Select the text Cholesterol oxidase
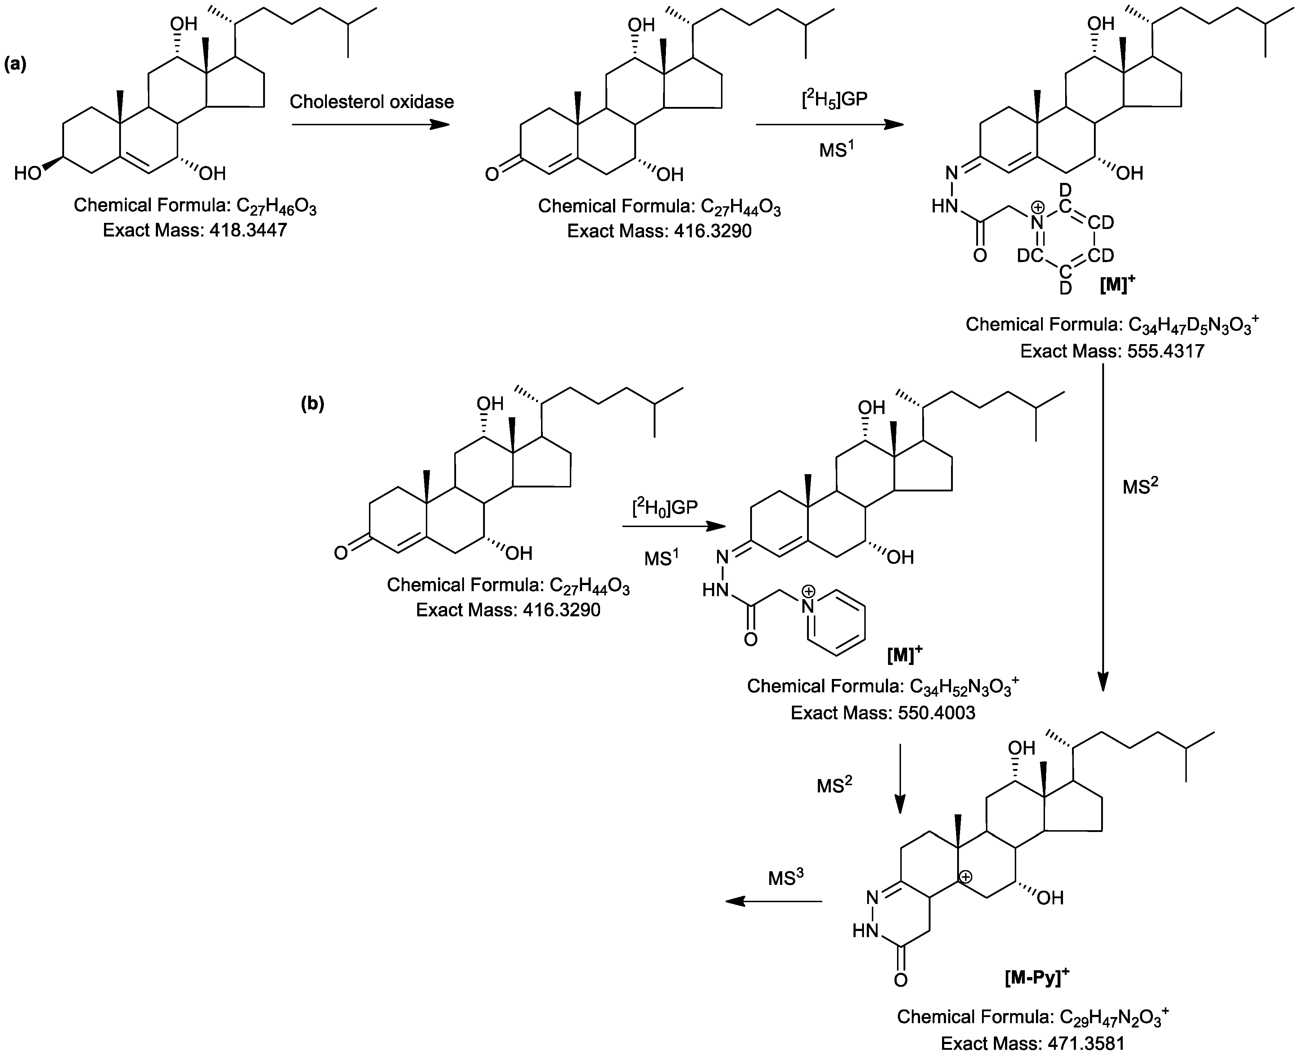click(371, 102)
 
